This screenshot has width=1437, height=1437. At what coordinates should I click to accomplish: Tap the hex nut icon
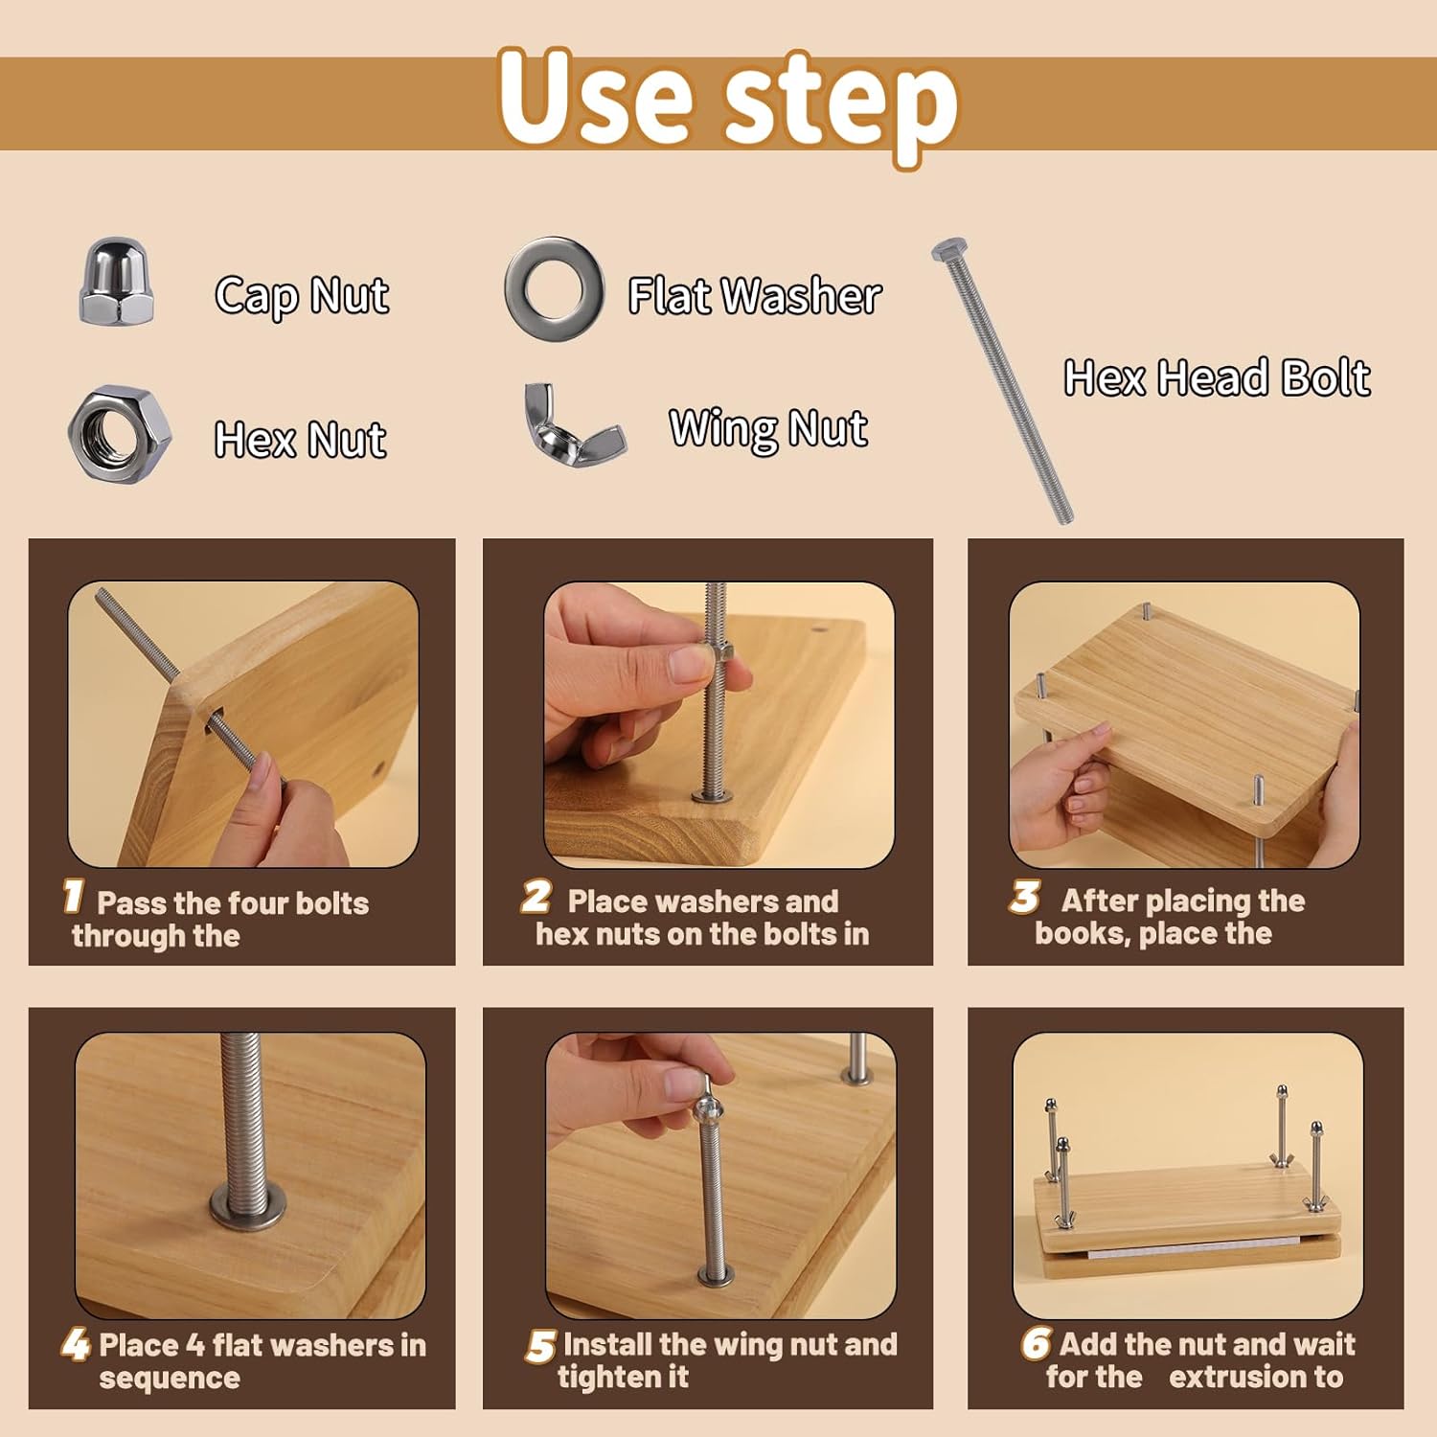[120, 435]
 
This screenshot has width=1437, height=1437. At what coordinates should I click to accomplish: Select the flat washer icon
[555, 288]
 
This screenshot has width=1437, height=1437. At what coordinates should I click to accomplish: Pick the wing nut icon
[574, 427]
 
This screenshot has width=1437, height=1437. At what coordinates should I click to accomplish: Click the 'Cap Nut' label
[302, 295]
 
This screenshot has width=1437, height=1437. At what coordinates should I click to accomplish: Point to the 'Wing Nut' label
[768, 428]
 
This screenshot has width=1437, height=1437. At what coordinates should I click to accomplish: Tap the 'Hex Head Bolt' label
[1217, 377]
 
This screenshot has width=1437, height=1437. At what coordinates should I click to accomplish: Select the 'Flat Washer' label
[755, 295]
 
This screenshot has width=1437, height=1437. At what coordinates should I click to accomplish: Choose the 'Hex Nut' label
[300, 440]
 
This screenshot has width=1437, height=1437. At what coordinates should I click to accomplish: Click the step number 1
[73, 897]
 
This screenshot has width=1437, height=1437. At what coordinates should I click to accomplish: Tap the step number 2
[536, 897]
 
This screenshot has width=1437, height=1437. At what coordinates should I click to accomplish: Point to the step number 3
[1024, 897]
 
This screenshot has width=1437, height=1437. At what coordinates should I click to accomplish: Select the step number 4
[76, 1344]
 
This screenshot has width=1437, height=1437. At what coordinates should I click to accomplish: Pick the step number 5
[540, 1346]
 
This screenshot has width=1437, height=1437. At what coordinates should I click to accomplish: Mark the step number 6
[1036, 1343]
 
